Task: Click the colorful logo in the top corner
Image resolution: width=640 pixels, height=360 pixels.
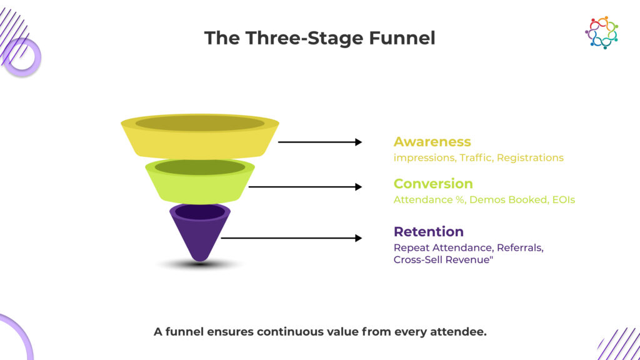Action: (601, 32)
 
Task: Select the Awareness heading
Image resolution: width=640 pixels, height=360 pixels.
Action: (432, 142)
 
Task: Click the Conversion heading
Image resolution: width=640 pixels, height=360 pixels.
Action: (433, 184)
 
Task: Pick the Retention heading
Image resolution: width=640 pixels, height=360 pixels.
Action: (428, 232)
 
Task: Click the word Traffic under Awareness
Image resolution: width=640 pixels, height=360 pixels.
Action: (476, 158)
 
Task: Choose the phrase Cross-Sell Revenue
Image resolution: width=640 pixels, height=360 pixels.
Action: (442, 260)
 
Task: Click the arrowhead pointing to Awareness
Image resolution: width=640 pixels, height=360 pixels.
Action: (358, 142)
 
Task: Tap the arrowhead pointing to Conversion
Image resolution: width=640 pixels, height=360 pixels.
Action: (358, 187)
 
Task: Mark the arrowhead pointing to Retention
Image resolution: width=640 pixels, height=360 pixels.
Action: (358, 238)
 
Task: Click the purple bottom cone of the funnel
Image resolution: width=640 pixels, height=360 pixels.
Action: (199, 237)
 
